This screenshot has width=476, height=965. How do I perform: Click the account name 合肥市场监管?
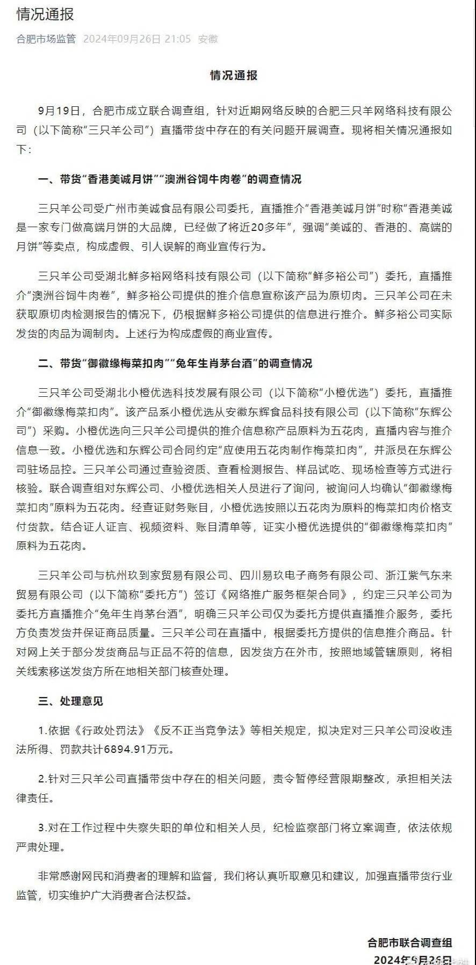pos(46,39)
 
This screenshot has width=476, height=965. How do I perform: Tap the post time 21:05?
pos(178,39)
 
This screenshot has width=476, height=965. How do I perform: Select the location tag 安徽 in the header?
pos(208,39)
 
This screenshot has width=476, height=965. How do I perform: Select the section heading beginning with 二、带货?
pos(175,364)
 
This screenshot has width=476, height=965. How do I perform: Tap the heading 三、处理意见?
pos(70,701)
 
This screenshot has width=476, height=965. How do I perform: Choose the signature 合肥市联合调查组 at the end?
pos(409,942)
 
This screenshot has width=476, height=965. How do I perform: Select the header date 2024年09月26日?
pos(122,39)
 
